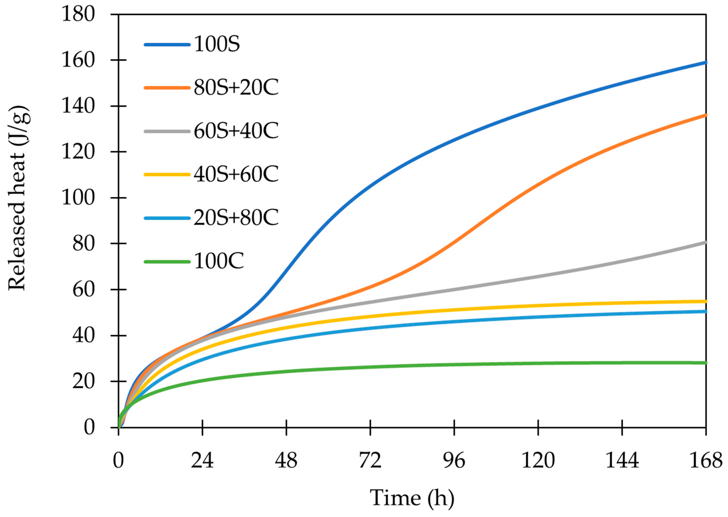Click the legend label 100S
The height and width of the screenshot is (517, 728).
click(x=216, y=44)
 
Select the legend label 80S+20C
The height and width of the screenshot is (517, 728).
click(x=236, y=88)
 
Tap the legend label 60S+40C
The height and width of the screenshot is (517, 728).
click(x=236, y=131)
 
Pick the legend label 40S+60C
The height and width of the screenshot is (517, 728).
click(x=236, y=174)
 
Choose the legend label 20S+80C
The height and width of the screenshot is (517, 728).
click(x=236, y=218)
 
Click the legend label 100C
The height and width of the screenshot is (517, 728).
click(x=219, y=261)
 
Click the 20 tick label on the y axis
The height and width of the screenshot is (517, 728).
click(x=83, y=381)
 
